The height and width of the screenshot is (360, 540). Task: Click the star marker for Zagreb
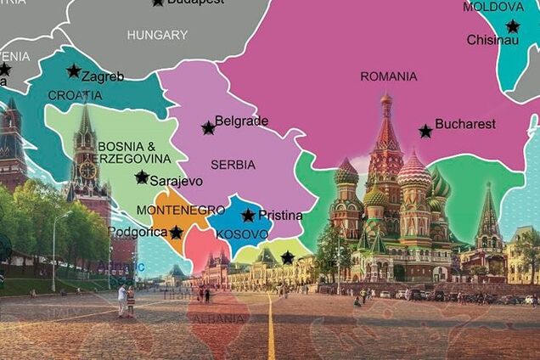pos(74,70)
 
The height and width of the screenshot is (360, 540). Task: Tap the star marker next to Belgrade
pos(208,128)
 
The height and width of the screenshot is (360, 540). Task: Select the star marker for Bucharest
pos(425,131)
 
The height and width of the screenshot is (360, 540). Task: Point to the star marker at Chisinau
pos(512,26)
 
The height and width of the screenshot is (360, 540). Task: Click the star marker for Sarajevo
pos(142,177)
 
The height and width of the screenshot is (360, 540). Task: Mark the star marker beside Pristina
pos(248,216)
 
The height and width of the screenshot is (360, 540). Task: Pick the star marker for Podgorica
pos(176,232)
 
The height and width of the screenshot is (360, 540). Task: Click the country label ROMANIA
pos(388,76)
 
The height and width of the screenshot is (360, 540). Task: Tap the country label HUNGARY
pos(157,35)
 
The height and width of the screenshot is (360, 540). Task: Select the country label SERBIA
pos(233,164)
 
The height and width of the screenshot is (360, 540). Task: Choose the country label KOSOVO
pos(242,234)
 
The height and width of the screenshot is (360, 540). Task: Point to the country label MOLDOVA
pos(493,7)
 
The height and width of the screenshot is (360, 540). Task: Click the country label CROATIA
pos(75,96)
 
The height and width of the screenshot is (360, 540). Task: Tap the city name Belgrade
pos(241,121)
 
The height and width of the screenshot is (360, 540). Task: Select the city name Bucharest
pos(465,124)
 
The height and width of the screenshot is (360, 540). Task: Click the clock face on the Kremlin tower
pos(86,170)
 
